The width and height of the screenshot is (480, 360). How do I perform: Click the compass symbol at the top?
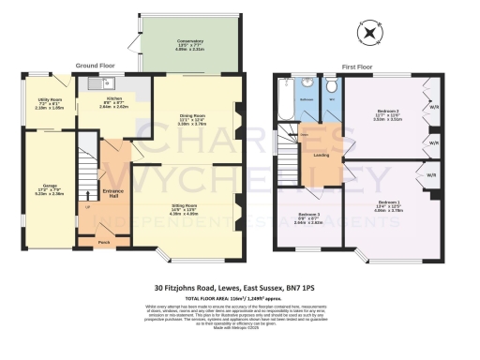pyautogui.click(x=372, y=33)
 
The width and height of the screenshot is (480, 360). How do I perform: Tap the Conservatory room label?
pyautogui.click(x=191, y=42)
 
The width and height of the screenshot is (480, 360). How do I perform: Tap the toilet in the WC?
pyautogui.click(x=332, y=88)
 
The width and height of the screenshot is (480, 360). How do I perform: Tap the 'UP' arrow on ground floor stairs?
pyautogui.click(x=89, y=205)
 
